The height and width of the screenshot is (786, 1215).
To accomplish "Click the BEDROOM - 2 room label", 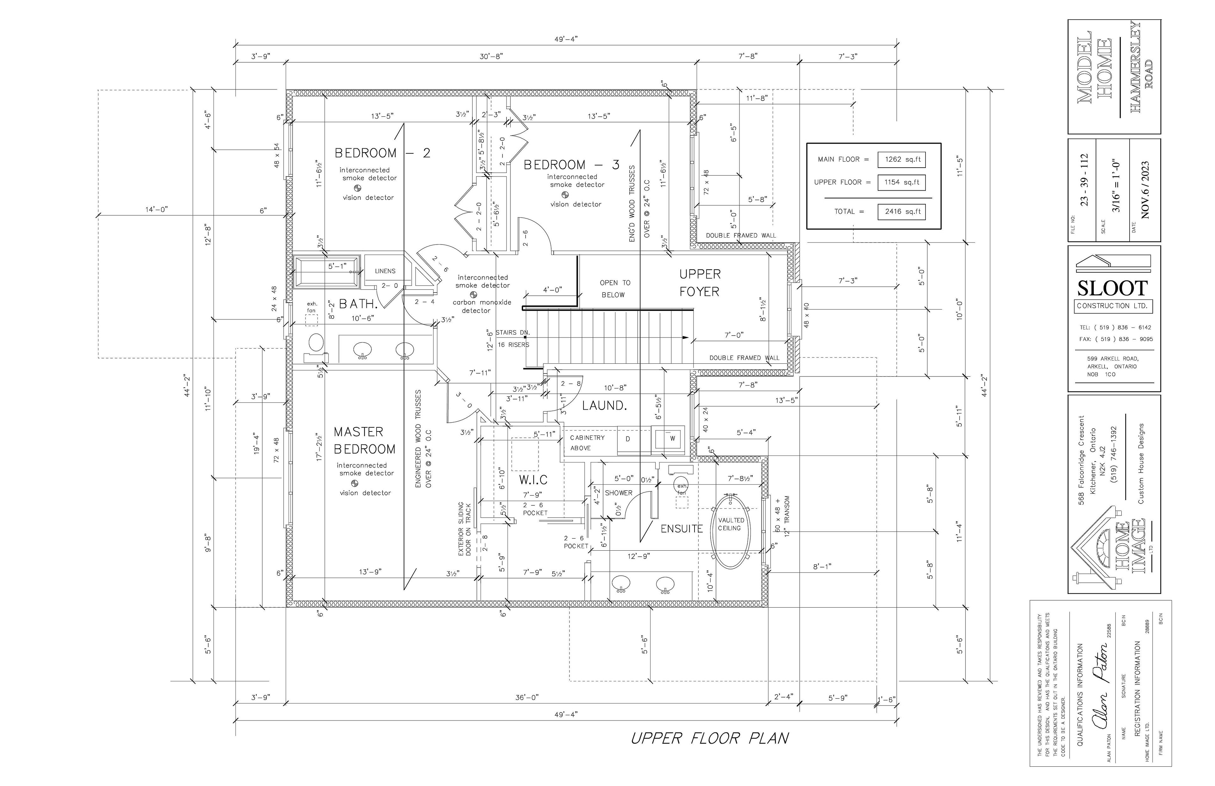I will point(382,153).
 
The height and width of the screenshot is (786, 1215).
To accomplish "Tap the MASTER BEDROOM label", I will point(364,441).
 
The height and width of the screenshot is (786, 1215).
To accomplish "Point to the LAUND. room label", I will point(604,406).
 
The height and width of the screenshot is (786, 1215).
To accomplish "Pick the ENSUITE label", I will point(682,529).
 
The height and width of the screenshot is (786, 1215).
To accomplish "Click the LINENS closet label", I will point(385,271).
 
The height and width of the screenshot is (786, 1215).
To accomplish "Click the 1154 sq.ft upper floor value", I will point(901,182).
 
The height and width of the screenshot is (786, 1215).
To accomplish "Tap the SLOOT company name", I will point(1112,289).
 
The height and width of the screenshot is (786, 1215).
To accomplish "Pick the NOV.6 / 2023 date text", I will point(1144,190).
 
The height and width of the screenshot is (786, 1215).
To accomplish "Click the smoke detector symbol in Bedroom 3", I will point(565,195).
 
